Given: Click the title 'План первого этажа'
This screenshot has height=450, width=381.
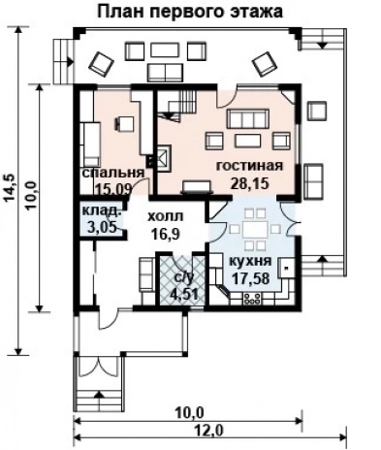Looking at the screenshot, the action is coord(190,12).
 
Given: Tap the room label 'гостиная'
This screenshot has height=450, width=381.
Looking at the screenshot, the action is coord(250,166).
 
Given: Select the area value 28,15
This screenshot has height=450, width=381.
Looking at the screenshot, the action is coord(249,183).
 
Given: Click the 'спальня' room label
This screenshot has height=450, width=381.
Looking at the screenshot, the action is coord(113,173).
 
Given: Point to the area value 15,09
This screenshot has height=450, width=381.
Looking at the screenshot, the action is coord(113,188).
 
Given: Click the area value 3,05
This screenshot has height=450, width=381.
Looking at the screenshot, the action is coord(102,227).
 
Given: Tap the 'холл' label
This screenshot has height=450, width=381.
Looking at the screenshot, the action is coord(166,216).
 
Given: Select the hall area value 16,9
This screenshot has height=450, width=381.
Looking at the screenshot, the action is coord(166,233).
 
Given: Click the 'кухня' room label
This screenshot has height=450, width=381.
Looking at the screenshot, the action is coord(250,261).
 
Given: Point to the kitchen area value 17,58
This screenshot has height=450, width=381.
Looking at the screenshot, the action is coord(251,277).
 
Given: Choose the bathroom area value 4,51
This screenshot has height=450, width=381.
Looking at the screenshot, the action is coord(185,294).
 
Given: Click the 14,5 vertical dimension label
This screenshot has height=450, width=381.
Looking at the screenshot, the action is coord(10,188).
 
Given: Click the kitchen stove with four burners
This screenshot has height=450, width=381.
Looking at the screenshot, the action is coord(252,299).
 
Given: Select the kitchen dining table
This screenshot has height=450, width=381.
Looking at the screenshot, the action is coord(254,229).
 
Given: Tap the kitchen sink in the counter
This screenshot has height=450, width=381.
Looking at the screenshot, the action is coord(286,268).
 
